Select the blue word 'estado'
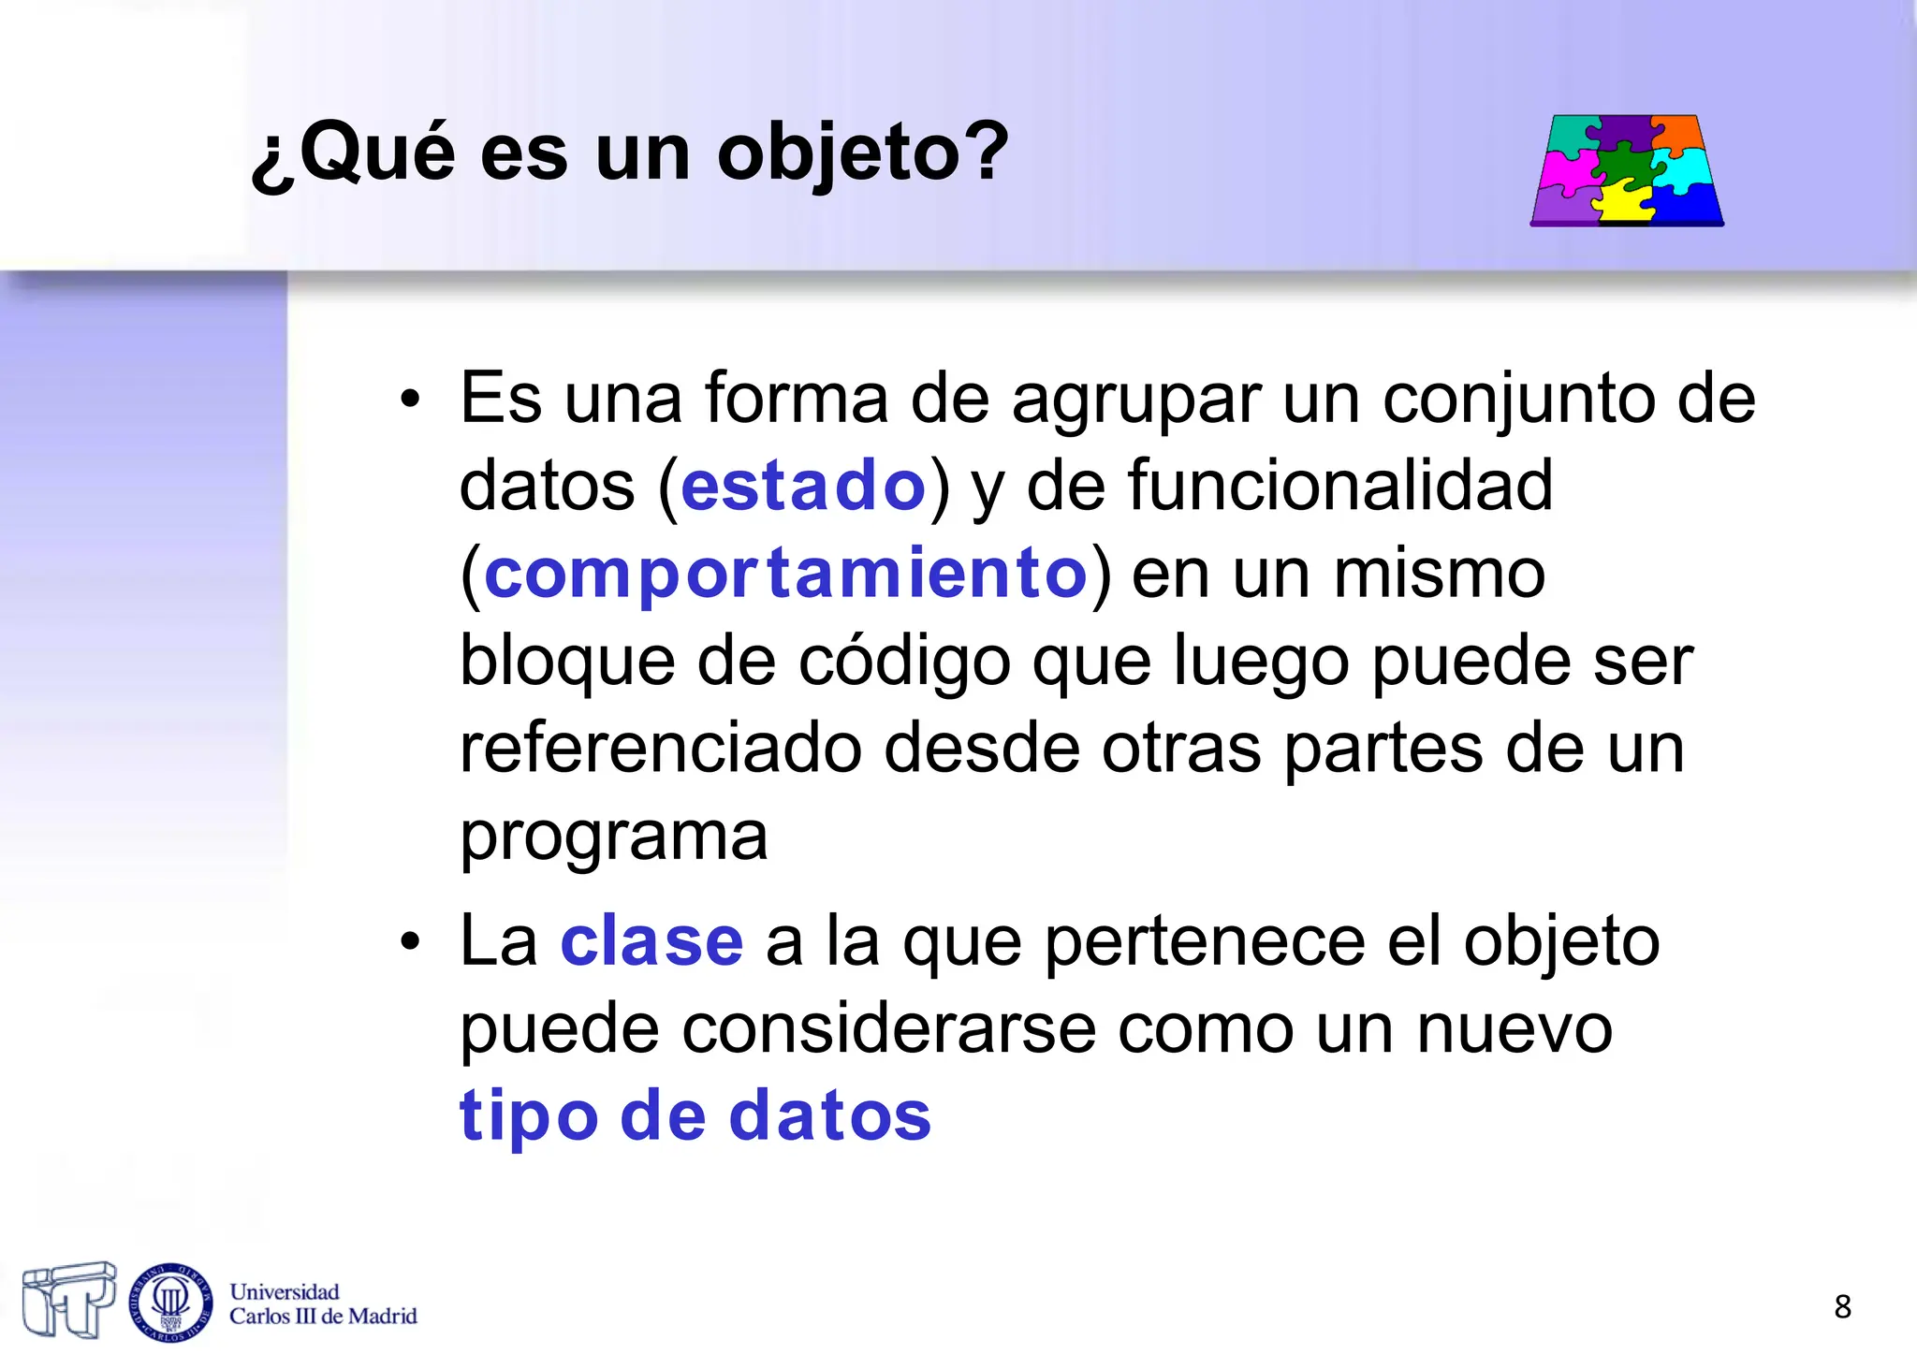(803, 486)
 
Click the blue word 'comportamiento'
(785, 573)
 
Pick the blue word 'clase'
(651, 941)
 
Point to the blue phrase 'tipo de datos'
(695, 1116)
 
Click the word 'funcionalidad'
(1339, 486)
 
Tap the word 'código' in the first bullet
(904, 661)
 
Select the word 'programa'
(613, 836)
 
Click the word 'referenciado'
(660, 749)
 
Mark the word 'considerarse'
(888, 1029)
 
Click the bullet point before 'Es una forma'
(410, 400)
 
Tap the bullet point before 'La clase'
(410, 943)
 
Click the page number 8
(1842, 1306)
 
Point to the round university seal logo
(170, 1302)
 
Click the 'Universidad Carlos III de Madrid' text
(322, 1303)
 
